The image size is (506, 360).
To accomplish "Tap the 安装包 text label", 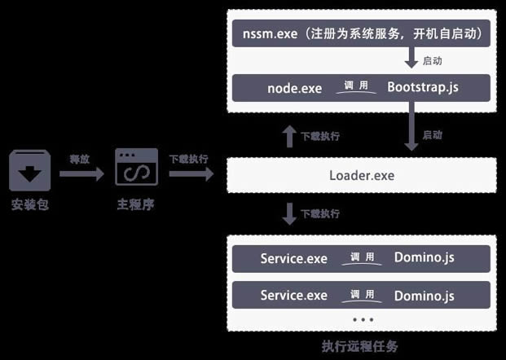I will pos(30,205).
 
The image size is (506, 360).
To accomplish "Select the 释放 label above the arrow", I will pos(79,159).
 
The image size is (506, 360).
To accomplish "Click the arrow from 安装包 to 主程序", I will pos(81,173).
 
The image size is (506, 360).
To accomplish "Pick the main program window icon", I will pos(136,168).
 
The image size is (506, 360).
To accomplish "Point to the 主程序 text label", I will pos(135,205).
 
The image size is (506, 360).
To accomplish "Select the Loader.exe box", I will pos(361,175).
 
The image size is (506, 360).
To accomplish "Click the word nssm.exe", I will pos(270,35).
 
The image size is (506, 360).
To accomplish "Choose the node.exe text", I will pos(295,88).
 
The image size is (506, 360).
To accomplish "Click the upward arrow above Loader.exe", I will pos(288,135).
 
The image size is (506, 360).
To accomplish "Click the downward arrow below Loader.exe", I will pos(288,214).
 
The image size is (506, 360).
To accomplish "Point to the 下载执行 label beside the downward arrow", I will pos(319,214).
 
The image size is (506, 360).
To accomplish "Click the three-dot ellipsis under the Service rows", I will pos(361,319).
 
